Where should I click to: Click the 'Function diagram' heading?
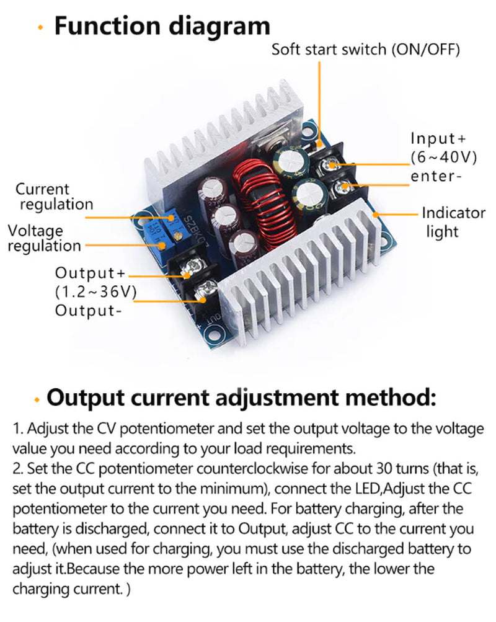click(x=162, y=26)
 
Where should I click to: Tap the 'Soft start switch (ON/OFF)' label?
click(x=366, y=50)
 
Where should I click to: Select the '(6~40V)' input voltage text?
click(x=443, y=158)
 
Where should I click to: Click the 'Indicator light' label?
click(x=453, y=222)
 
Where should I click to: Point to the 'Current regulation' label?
click(x=54, y=196)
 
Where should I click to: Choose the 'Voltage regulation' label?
click(x=44, y=238)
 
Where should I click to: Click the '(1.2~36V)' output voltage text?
click(x=95, y=291)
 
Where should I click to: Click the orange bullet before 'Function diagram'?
click(x=41, y=28)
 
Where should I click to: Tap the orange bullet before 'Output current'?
click(x=38, y=399)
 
